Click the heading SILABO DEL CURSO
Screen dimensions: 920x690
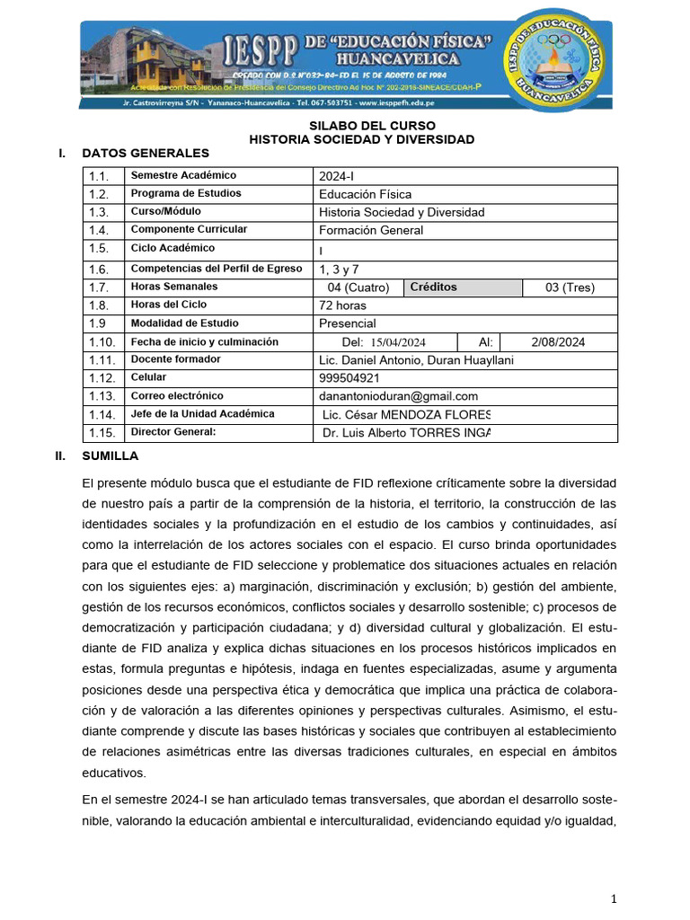point(361,125)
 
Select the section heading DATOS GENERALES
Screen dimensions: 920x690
point(146,154)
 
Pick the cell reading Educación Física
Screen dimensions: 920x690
point(366,194)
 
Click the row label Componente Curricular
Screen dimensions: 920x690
point(189,230)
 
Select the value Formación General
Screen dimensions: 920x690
point(371,230)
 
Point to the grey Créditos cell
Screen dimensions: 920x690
point(463,287)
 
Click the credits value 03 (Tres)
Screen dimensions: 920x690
point(570,287)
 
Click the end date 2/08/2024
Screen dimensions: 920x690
point(558,342)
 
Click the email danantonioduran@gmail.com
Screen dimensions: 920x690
point(398,396)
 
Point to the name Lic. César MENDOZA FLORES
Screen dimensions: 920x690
point(406,415)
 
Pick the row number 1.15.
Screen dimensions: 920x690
point(103,433)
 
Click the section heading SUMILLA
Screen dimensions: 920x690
point(110,456)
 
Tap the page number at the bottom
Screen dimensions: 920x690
point(614,899)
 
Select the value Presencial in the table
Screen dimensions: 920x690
point(348,323)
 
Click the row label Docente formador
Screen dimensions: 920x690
point(176,359)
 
